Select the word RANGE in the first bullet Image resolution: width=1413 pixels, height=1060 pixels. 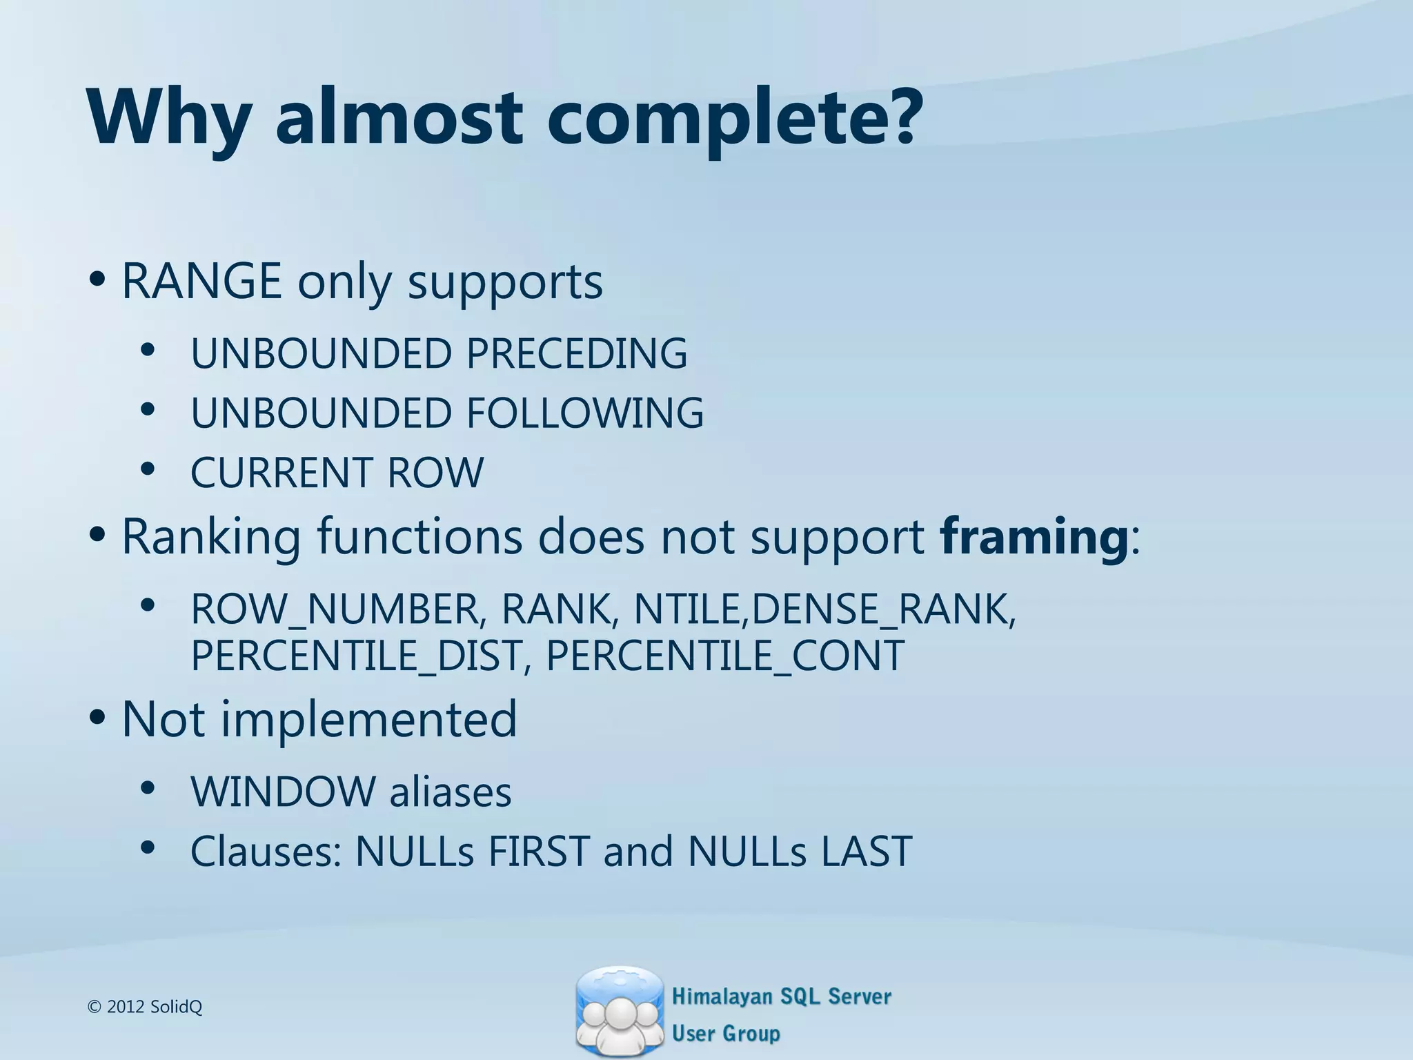201,282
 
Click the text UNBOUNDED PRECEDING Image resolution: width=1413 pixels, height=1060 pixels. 439,353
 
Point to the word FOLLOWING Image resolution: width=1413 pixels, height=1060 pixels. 585,413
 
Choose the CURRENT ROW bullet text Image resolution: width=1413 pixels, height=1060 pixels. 337,473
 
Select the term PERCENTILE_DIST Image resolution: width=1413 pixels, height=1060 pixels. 355,656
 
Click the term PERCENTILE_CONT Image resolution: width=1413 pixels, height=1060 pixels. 724,656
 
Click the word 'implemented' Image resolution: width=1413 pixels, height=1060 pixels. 368,719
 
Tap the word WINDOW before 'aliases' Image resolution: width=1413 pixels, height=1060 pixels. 283,792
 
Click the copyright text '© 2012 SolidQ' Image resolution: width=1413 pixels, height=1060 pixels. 145,1007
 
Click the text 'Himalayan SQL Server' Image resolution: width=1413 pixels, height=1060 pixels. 781,997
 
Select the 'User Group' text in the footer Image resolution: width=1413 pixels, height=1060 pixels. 726,1033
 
